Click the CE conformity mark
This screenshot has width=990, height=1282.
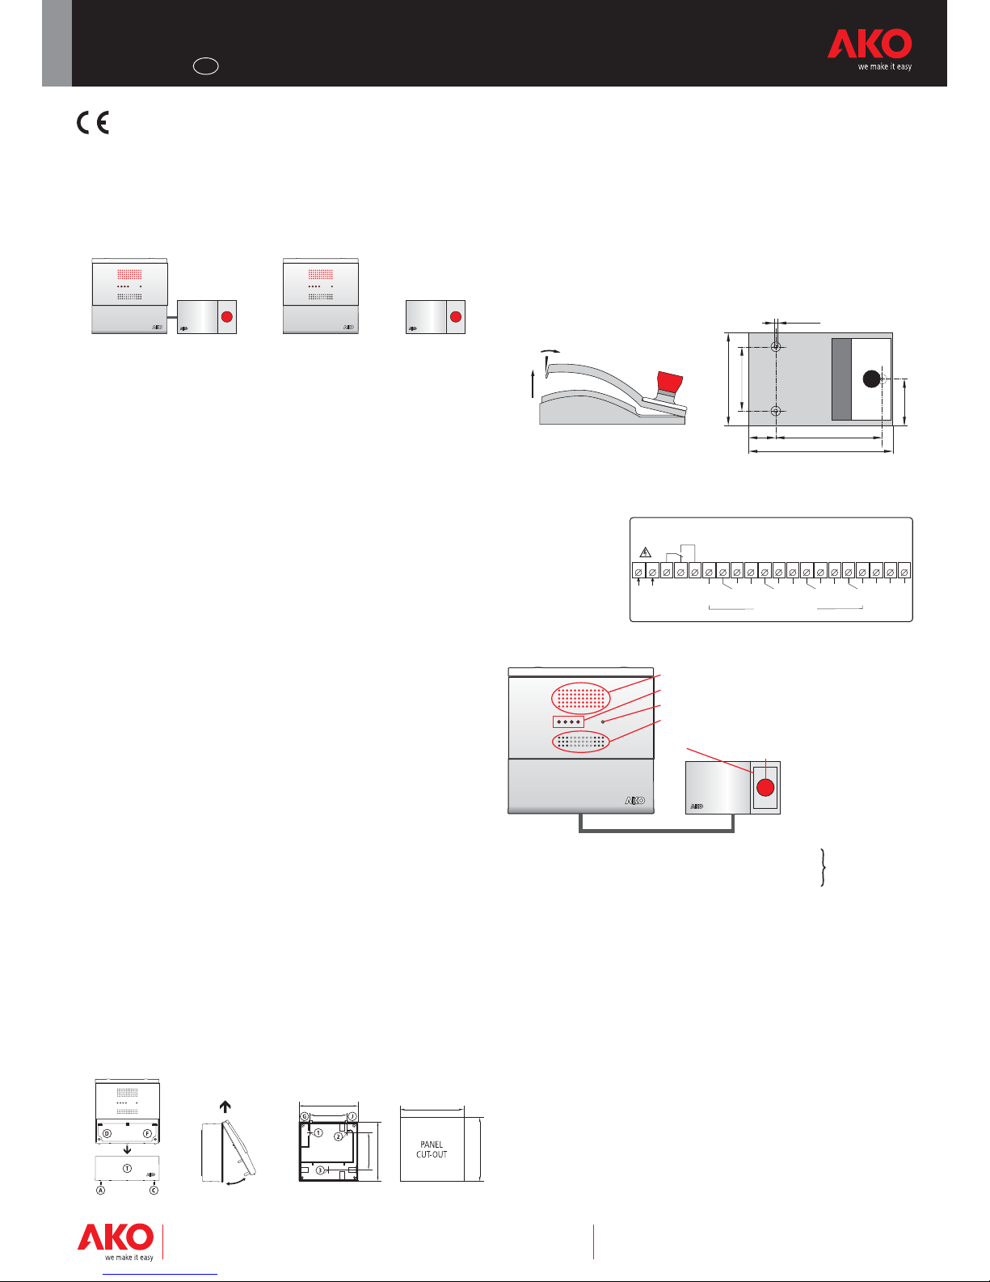coord(92,123)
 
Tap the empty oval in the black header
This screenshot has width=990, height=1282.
coord(205,66)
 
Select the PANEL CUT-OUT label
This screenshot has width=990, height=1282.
coord(432,1149)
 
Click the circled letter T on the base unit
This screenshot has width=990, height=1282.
coord(128,1168)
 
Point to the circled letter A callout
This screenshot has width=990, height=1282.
coord(101,1191)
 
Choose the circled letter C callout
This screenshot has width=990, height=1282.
coord(154,1191)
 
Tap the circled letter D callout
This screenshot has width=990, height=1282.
coord(107,1133)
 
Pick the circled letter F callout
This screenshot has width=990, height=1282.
coord(147,1133)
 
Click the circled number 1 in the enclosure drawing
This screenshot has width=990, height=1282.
coord(318,1132)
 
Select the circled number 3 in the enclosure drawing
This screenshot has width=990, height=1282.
coord(320,1170)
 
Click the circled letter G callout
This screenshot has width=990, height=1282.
coord(305,1116)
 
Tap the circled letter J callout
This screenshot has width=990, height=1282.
coord(352,1116)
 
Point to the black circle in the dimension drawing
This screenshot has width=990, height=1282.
coord(871,379)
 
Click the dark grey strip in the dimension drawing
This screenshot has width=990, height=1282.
coord(841,379)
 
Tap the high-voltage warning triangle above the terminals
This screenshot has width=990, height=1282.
coord(645,552)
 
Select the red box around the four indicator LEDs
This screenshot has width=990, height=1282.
coord(568,721)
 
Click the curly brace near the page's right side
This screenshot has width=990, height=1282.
coord(823,867)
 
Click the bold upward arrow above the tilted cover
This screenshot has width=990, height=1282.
coord(225,1106)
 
